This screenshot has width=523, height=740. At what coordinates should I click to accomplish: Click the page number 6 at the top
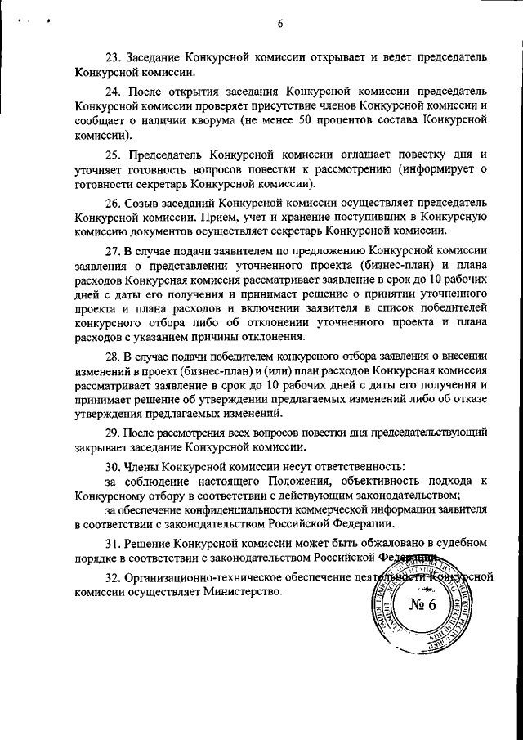pos(279,24)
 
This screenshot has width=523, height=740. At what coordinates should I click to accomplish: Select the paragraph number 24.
pos(114,92)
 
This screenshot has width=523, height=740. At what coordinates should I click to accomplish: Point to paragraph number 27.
pos(114,250)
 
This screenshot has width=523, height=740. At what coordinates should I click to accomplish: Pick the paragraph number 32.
pos(114,576)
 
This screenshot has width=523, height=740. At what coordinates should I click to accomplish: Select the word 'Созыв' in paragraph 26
pos(144,201)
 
